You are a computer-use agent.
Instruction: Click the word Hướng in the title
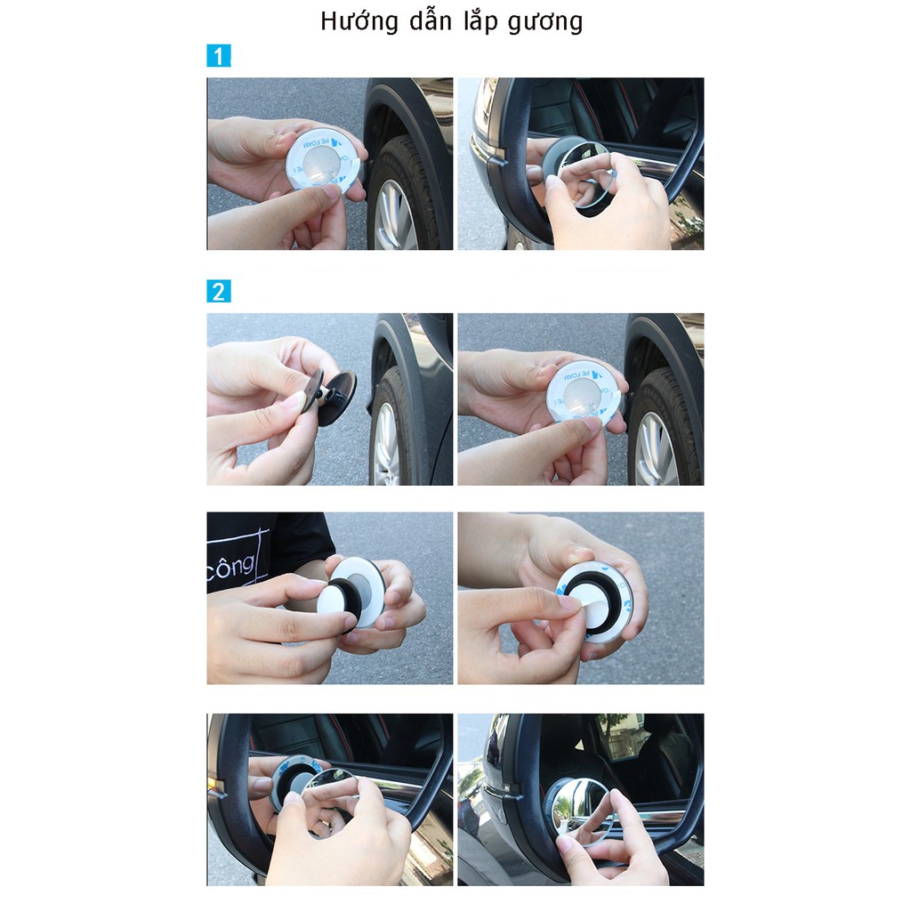click(x=359, y=20)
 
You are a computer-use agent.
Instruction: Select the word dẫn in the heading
click(x=434, y=20)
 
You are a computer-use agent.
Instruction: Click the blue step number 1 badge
click(x=218, y=55)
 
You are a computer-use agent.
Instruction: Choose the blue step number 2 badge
click(x=218, y=291)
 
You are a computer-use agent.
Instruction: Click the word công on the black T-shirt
click(x=230, y=565)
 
